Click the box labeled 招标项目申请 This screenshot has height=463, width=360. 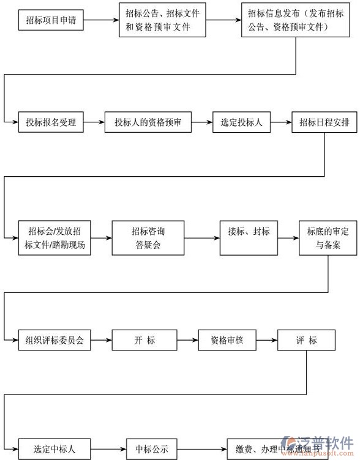(51, 20)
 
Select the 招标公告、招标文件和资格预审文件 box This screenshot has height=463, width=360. (162, 20)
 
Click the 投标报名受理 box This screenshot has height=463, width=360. (51, 122)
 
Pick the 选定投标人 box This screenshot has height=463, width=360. (241, 122)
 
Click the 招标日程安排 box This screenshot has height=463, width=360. (324, 122)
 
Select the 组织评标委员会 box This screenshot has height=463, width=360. (54, 340)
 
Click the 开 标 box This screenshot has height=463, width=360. (144, 340)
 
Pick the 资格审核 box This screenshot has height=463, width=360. (227, 340)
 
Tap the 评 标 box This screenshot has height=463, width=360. (306, 340)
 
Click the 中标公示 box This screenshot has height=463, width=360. (152, 450)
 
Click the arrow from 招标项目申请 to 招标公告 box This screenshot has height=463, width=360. (100, 20)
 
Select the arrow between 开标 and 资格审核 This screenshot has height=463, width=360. (187, 340)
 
